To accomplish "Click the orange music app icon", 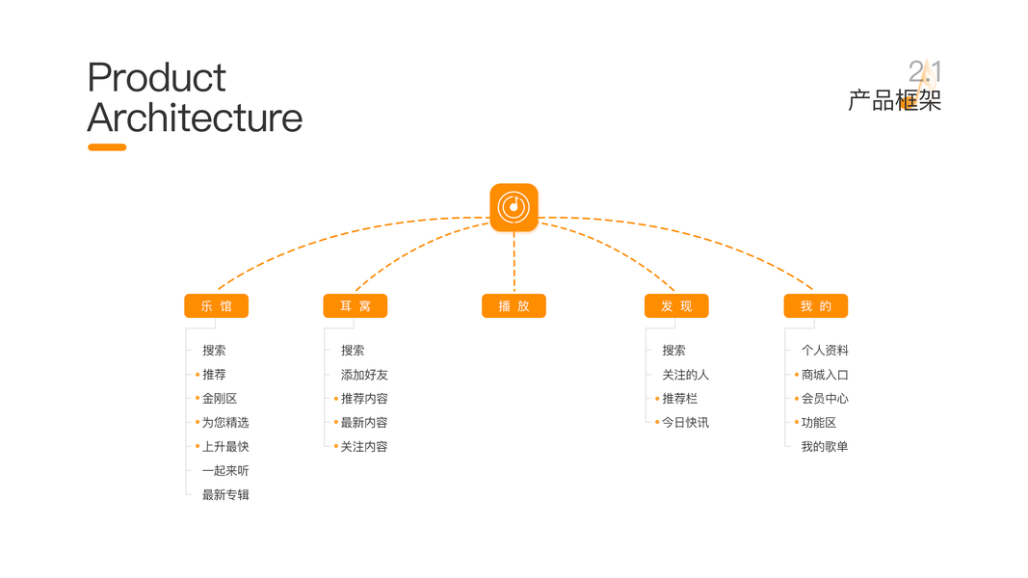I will coord(514,207).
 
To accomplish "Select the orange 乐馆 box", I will coord(216,306).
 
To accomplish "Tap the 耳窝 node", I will coord(355,306).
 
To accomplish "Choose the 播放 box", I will coord(514,306).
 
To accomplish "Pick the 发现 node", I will coord(676,306).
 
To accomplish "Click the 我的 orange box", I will coord(815,306).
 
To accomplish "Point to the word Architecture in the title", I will coord(195,118).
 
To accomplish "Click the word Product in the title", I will coord(156,78).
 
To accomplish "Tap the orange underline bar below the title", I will coord(107,147).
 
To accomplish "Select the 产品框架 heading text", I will coord(894,100).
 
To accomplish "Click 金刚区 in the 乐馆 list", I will coord(219,399).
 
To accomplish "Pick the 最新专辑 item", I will coord(225,495).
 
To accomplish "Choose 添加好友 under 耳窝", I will coord(364,375).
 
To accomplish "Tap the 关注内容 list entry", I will coord(364,447).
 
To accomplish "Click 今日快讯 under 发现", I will coord(685,423).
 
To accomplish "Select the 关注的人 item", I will coord(685,375).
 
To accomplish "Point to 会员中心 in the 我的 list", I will coord(825,399).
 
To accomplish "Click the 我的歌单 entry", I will coord(825,447).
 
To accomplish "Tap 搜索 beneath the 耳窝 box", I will coord(353,351).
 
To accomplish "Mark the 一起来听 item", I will coord(225,471).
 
